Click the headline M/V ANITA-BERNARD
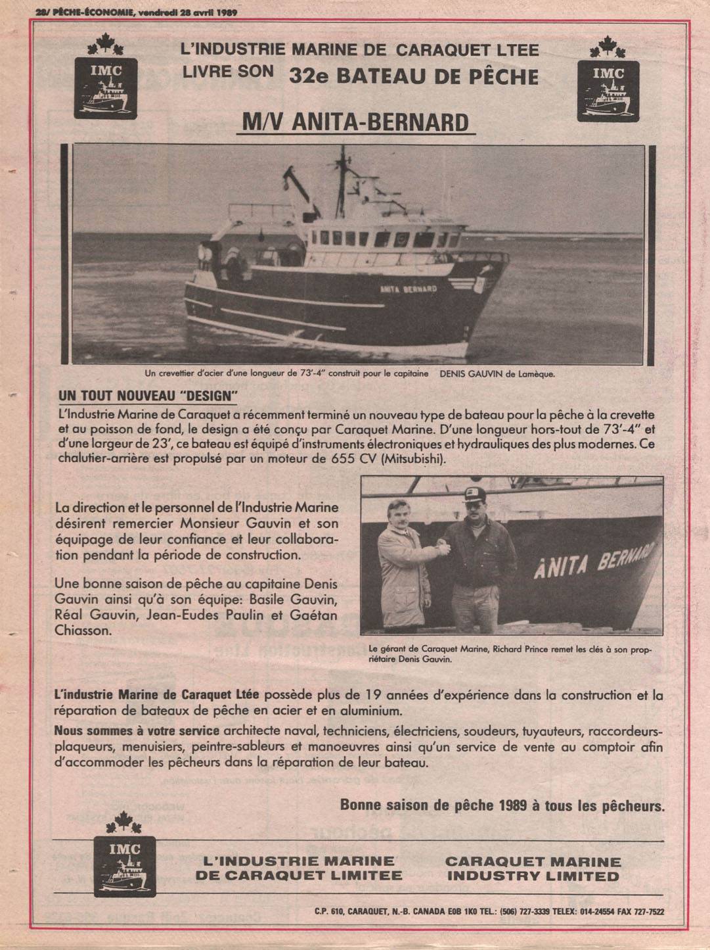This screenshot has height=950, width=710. pos(355,122)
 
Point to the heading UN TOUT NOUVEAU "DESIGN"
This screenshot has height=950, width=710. pos(148,396)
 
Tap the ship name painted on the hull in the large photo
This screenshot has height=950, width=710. pos(409,289)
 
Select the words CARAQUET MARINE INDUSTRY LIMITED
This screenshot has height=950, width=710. pos(533,868)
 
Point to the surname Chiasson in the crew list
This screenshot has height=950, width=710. pos(83,630)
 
